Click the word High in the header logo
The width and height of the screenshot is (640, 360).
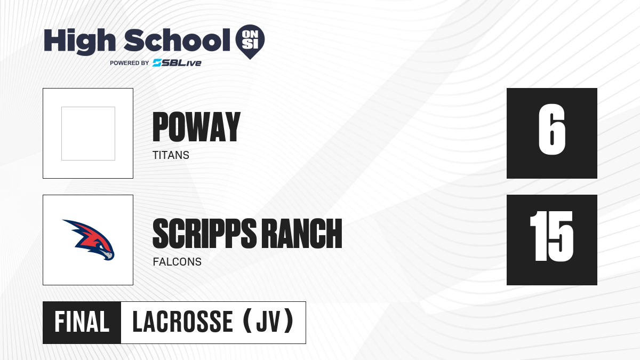79,42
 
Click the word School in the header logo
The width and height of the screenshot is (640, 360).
177,41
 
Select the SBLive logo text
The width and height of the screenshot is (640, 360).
177,63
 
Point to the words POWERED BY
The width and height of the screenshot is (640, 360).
129,63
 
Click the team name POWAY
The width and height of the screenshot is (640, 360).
196,127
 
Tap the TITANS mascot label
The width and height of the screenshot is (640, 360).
171,155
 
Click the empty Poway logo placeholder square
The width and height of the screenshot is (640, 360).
89,133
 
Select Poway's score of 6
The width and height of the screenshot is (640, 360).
551,130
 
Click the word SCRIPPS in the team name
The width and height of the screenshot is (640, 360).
204,234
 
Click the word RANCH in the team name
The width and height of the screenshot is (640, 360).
302,234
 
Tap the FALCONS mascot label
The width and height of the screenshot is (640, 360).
177,262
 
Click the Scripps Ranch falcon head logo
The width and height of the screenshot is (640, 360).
89,239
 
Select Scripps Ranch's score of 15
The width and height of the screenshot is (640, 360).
551,236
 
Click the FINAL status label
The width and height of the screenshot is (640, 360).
82,322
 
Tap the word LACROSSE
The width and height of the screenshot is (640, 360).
183,322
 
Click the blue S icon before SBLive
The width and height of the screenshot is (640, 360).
157,63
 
